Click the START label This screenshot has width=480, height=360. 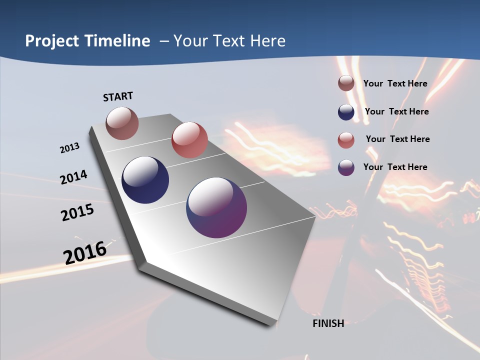click(x=118, y=96)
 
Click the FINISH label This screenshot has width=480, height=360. click(x=328, y=323)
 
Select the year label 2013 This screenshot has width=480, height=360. click(x=70, y=148)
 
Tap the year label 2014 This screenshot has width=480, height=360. click(x=73, y=177)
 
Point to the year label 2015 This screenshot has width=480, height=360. click(x=77, y=212)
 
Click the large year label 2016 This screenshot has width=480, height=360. click(x=85, y=252)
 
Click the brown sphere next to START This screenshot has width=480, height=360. click(x=122, y=123)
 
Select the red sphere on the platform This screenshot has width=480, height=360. click(x=189, y=140)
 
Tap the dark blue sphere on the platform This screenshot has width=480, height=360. click(x=145, y=180)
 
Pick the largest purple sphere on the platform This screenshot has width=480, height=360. click(x=216, y=207)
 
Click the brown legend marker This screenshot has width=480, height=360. click(x=346, y=83)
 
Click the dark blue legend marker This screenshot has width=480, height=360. click(x=346, y=112)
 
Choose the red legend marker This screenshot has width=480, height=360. click(x=346, y=140)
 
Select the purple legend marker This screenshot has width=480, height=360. click(x=346, y=167)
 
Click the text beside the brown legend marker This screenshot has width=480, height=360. click(x=395, y=83)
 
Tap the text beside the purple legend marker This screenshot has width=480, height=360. click(x=395, y=167)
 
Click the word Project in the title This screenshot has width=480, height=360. click(x=51, y=41)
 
